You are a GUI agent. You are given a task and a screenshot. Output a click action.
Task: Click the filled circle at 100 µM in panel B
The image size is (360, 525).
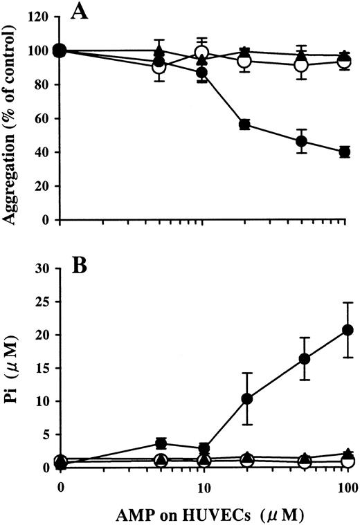(x=344, y=330)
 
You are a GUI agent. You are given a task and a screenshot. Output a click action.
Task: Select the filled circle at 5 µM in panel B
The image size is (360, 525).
(x=161, y=443)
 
